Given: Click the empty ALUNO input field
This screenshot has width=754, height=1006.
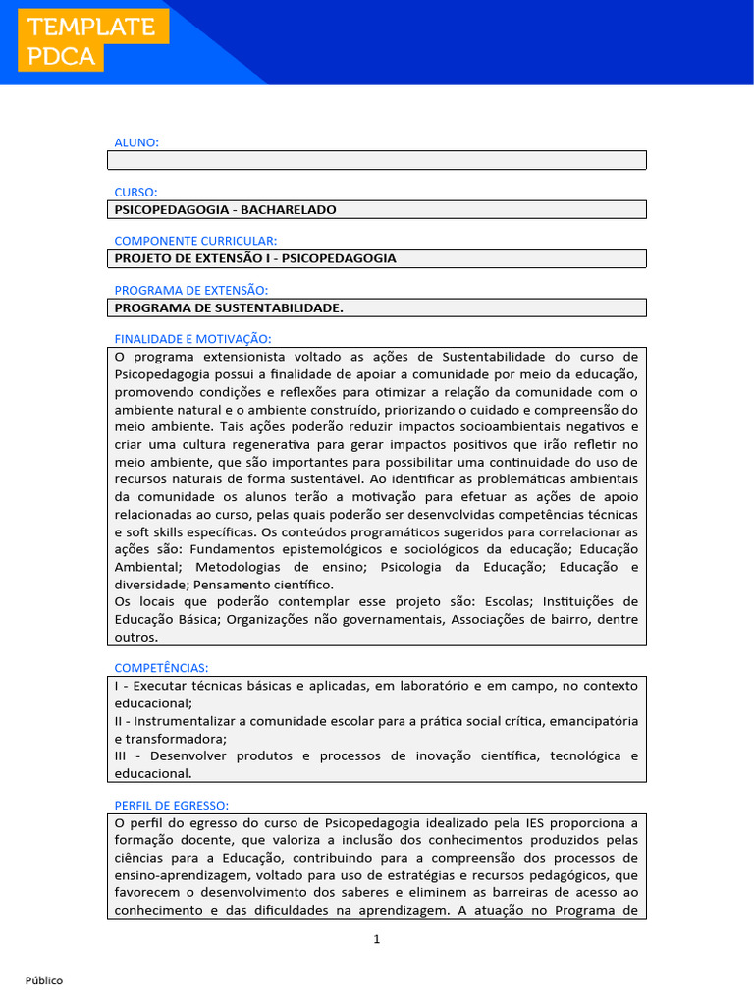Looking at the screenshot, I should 376,160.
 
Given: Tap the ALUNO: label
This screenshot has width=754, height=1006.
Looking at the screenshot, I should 136,142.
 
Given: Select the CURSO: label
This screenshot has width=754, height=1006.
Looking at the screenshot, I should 135,192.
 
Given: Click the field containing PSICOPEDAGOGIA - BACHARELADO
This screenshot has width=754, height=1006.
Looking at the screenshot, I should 376,209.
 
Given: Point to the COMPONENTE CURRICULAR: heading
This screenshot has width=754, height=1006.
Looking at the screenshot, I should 195,241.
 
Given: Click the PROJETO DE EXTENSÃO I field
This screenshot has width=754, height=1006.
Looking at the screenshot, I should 376,258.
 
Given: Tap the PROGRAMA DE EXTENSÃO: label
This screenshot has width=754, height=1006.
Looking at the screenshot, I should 190,290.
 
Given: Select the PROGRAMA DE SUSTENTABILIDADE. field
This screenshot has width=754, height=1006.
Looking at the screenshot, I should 376,307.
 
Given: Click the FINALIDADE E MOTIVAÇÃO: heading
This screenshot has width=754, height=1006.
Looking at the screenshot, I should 192,338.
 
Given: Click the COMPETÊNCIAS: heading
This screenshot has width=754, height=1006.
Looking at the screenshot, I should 161,668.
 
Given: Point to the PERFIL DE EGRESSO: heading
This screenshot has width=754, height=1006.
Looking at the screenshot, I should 172,805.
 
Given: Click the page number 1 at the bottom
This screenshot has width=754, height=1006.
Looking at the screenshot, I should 376,939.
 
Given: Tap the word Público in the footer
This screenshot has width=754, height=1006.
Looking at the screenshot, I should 44,980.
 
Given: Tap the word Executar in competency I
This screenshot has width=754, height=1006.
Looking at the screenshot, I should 157,685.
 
